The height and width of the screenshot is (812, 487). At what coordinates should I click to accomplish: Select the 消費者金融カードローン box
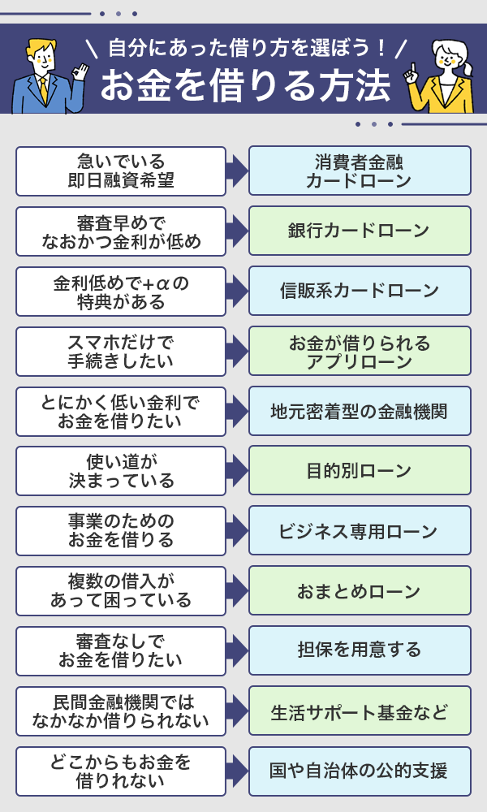coord(359,171)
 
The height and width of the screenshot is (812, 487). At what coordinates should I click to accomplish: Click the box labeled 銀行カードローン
coord(359,231)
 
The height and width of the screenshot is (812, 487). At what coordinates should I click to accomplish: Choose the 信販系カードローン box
coord(359,291)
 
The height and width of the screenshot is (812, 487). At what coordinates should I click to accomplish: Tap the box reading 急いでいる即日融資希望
coord(120,171)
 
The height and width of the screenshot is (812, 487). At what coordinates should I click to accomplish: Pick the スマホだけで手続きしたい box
coord(120,351)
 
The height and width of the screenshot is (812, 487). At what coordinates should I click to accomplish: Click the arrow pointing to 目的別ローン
coord(236,470)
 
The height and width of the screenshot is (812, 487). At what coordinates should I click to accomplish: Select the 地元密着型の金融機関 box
coord(359,411)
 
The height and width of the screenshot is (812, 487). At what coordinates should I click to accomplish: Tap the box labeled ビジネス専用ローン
coord(359,531)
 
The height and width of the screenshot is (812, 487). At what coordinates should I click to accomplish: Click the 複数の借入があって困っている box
coord(120,590)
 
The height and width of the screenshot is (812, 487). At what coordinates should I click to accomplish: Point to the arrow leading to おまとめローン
coord(236,590)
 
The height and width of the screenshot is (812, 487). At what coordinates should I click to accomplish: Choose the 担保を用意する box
coord(359,650)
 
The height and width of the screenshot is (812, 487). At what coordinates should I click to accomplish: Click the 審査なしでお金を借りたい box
coord(120,650)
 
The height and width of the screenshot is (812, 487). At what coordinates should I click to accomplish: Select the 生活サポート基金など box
coord(359,710)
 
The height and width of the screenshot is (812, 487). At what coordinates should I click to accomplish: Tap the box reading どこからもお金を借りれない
coord(120,771)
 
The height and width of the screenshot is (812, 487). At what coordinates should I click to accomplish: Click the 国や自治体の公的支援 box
coord(359,771)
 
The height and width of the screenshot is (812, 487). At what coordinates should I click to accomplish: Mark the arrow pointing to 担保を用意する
coord(236,650)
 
